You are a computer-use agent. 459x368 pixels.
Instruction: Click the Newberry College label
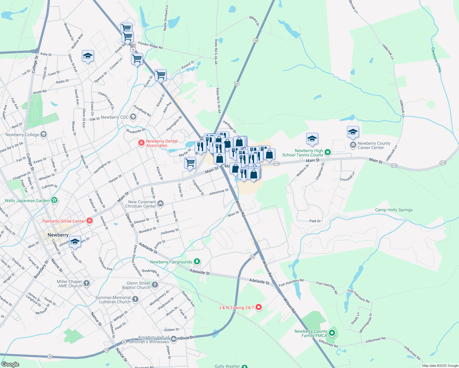pyautogui.click(x=22, y=135)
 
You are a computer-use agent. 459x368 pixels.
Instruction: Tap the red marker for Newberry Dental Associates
pyautogui.click(x=141, y=143)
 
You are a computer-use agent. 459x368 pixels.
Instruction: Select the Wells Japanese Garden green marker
pyautogui.click(x=54, y=200)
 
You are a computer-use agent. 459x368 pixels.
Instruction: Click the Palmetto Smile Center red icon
pyautogui.click(x=89, y=221)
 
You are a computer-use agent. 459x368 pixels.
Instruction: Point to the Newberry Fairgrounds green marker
pyautogui.click(x=197, y=262)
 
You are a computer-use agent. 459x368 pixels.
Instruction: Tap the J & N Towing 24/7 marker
pyautogui.click(x=258, y=307)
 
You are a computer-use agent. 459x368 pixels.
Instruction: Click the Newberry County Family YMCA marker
pyautogui.click(x=332, y=333)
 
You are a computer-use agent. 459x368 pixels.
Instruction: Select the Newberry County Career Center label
pyautogui.click(x=374, y=145)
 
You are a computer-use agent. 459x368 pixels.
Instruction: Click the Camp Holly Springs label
pyautogui.click(x=394, y=210)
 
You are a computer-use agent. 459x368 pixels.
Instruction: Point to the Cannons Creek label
pyautogui.click(x=436, y=60)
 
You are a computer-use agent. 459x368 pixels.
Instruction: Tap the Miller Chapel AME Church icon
pyautogui.click(x=87, y=283)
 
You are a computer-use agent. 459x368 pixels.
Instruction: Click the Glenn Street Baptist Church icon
pyautogui.click(x=155, y=285)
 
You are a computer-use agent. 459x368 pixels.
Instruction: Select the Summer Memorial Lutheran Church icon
pyautogui.click(x=135, y=299)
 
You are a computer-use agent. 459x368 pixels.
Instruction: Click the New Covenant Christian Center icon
pyautogui.click(x=160, y=203)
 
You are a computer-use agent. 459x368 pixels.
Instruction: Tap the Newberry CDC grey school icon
pyautogui.click(x=133, y=117)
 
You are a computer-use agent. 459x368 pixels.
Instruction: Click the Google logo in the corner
pyautogui.click(x=10, y=364)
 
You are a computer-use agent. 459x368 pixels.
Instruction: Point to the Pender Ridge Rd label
pyautogui.click(x=150, y=45)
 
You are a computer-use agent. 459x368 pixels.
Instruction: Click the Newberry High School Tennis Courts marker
pyautogui.click(x=328, y=152)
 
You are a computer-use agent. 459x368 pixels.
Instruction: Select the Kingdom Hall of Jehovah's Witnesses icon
pyautogui.click(x=174, y=339)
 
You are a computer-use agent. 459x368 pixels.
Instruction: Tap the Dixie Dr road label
pyautogui.click(x=187, y=338)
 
